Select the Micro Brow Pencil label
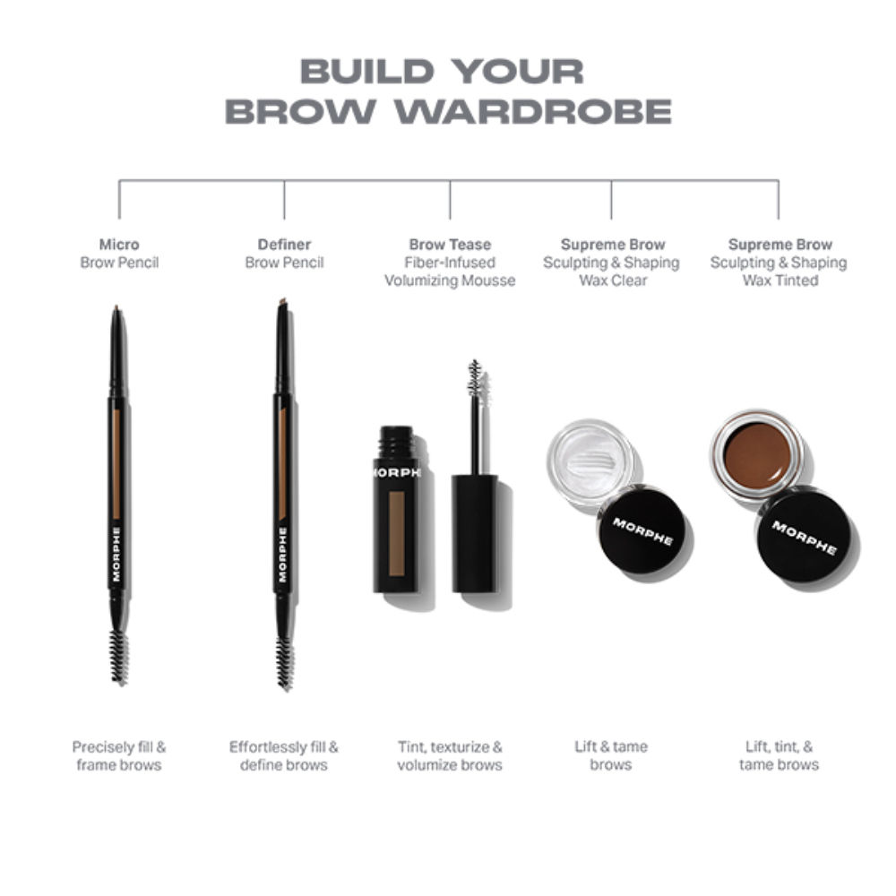(119, 254)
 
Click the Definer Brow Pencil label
(284, 254)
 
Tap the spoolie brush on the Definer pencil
(285, 661)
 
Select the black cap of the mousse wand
(474, 533)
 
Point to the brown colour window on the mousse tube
(396, 534)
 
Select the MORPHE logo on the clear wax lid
(642, 530)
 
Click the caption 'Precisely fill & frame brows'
(119, 755)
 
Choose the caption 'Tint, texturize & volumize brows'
(450, 755)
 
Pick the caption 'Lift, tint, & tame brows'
(778, 755)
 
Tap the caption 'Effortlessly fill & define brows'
(284, 755)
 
